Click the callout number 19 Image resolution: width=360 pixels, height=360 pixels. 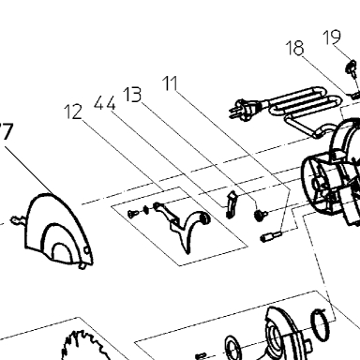point(331,37)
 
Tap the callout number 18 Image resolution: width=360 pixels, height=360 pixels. point(294,48)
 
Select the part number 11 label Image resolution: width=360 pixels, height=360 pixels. point(170,83)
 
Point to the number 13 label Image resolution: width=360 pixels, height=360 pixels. point(132,95)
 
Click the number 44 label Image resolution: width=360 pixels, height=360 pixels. point(105,103)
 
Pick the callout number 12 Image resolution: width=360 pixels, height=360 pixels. point(73,112)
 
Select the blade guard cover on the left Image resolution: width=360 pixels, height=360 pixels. point(58,231)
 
